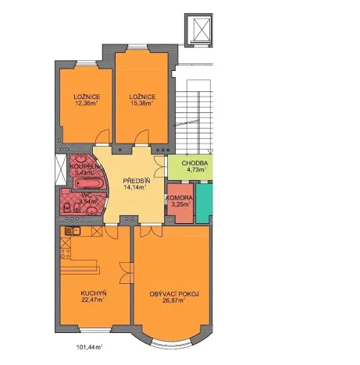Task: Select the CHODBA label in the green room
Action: tap(193, 162)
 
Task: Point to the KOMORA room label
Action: tap(179, 198)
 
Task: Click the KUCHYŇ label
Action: tap(93, 293)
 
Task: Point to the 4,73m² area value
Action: tap(194, 169)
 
